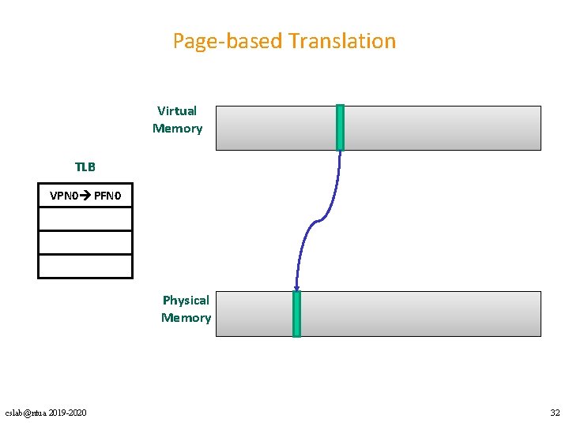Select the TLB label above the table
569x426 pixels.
point(85,167)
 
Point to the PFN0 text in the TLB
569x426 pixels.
point(107,195)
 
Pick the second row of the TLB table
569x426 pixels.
point(85,219)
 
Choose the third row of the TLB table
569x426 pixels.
point(85,242)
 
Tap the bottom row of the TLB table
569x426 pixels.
point(85,266)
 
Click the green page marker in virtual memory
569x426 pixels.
point(340,127)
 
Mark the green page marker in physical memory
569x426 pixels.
point(297,313)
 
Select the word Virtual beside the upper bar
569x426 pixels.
point(177,110)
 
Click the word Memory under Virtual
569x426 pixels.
point(177,129)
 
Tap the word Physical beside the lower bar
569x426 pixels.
point(186,300)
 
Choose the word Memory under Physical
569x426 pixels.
point(186,318)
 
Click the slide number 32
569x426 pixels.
point(555,413)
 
